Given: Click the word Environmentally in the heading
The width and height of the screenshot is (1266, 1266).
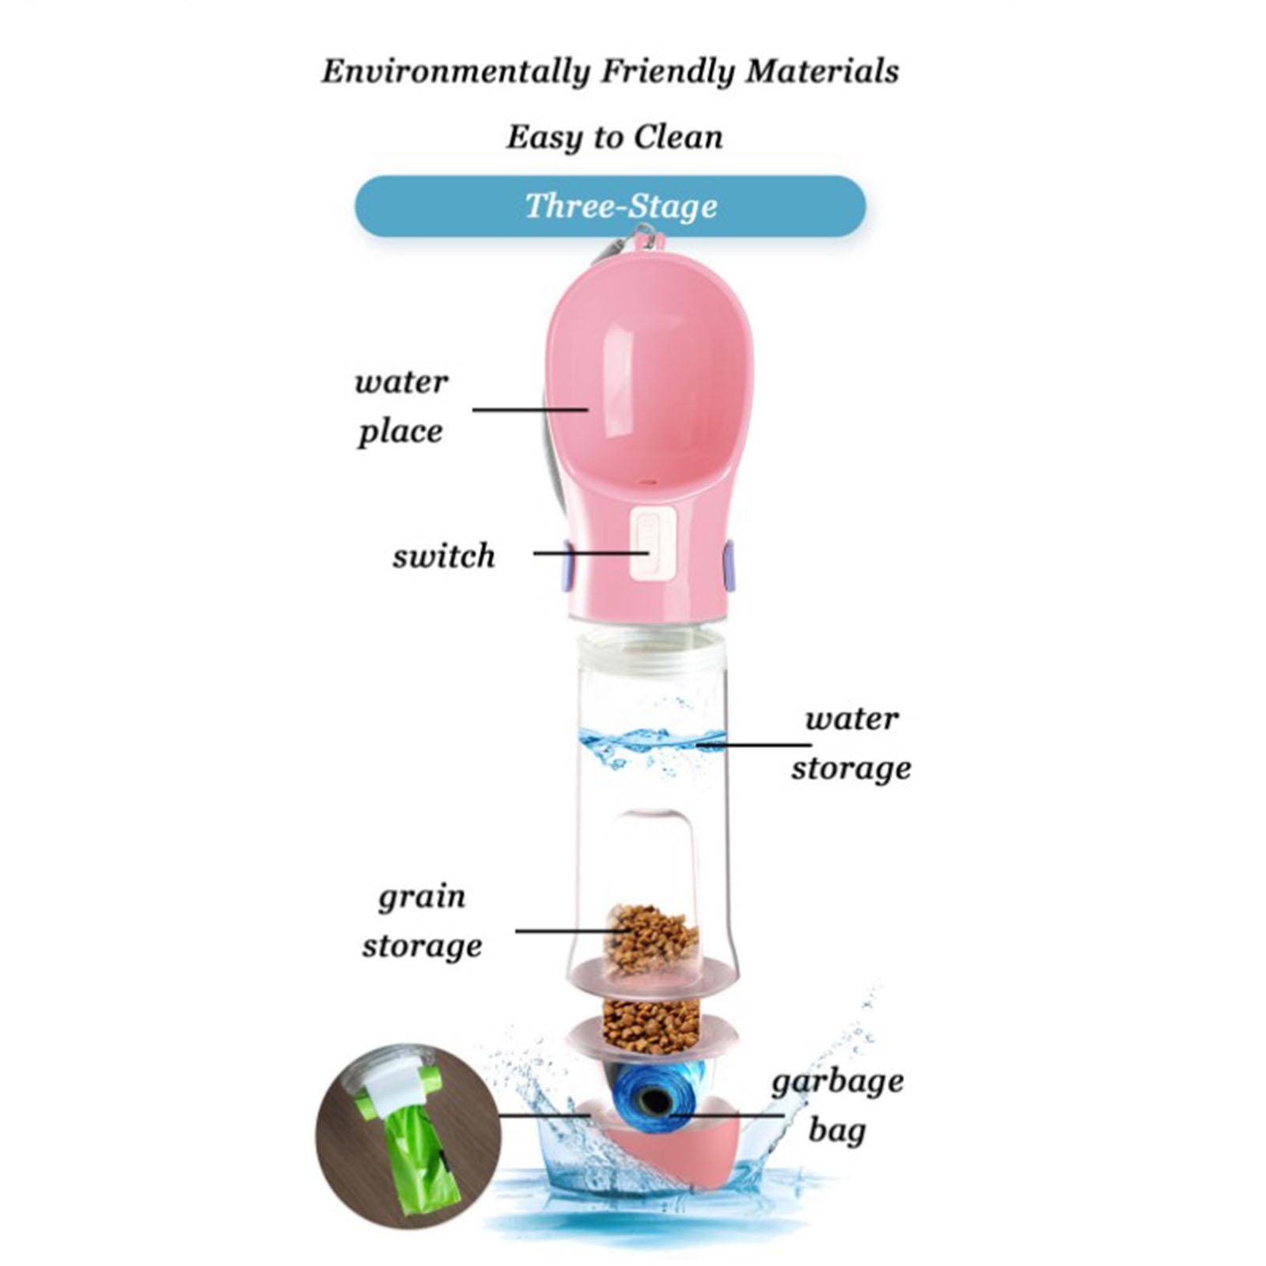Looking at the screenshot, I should click(x=456, y=72).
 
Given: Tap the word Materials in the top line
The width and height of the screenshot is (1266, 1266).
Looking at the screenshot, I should click(x=822, y=72).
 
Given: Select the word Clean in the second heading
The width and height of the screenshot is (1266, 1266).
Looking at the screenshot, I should click(x=678, y=138).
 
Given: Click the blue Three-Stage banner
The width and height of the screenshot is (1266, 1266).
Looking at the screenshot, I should click(x=610, y=207).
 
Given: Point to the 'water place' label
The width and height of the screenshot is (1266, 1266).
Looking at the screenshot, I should click(x=400, y=407).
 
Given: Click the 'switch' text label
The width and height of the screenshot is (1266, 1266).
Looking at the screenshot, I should click(x=443, y=556).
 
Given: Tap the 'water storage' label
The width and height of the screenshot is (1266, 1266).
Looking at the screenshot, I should click(x=851, y=743).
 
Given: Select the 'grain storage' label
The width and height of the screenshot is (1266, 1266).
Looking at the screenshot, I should click(x=422, y=921).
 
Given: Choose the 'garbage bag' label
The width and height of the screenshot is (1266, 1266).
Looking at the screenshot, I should click(x=837, y=1105).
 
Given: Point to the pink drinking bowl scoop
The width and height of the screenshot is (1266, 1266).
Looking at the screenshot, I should click(x=649, y=380).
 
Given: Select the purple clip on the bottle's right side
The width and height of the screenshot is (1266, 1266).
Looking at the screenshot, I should click(x=729, y=565).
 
